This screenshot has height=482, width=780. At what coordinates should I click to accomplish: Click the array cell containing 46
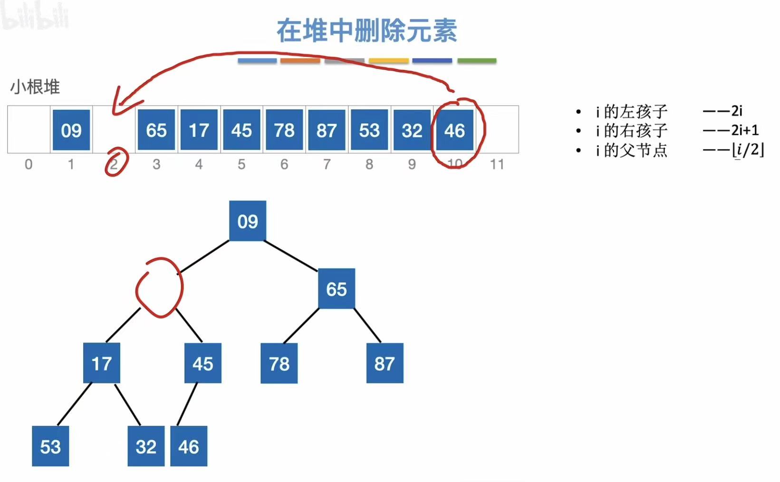pyautogui.click(x=454, y=130)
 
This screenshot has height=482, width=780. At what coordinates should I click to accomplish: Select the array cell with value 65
pyautogui.click(x=156, y=130)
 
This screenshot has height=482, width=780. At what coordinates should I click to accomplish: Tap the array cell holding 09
pyautogui.click(x=71, y=130)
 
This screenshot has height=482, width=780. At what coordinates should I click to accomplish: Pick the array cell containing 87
pyautogui.click(x=327, y=130)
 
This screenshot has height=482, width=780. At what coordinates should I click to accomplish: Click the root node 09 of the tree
pyautogui.click(x=248, y=221)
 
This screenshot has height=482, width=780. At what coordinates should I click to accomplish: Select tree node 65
pyautogui.click(x=336, y=289)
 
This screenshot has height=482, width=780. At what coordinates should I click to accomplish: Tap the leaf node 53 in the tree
pyautogui.click(x=50, y=446)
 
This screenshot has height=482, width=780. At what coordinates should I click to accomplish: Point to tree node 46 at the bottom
pyautogui.click(x=189, y=446)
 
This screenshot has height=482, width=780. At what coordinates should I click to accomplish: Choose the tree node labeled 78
pyautogui.click(x=279, y=364)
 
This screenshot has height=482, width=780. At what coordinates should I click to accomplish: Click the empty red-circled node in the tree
pyautogui.click(x=160, y=288)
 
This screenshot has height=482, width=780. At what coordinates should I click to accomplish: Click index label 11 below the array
pyautogui.click(x=497, y=164)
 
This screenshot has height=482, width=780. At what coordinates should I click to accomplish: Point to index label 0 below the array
pyautogui.click(x=29, y=164)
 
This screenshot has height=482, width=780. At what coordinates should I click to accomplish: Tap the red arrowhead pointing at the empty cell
pyautogui.click(x=119, y=104)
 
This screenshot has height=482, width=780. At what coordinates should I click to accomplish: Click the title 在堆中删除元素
pyautogui.click(x=366, y=30)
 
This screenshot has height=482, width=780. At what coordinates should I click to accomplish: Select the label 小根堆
pyautogui.click(x=35, y=87)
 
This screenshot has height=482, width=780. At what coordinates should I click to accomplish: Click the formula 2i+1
pyautogui.click(x=744, y=130)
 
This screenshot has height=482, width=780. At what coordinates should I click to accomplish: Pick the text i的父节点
pyautogui.click(x=632, y=151)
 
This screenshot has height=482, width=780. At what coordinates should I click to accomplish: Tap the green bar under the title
pyautogui.click(x=477, y=61)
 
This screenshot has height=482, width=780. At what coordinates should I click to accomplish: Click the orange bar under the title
pyautogui.click(x=300, y=61)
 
